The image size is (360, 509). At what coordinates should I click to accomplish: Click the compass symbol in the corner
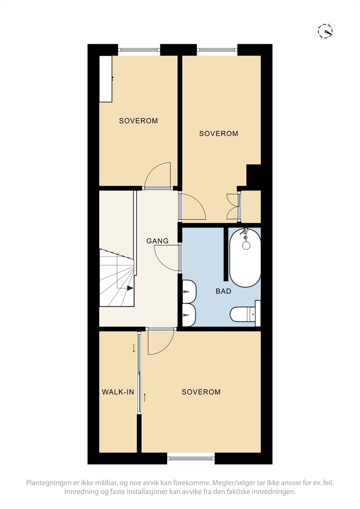[x=325, y=32]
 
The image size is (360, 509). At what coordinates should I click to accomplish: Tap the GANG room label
[x=157, y=241]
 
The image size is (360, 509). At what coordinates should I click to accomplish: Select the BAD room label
[x=223, y=291]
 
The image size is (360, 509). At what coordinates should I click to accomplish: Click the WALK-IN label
[x=118, y=392]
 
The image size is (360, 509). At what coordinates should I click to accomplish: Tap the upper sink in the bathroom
[x=189, y=291]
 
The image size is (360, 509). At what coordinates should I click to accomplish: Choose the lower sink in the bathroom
[x=189, y=315]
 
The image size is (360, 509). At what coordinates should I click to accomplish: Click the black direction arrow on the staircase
[x=130, y=288]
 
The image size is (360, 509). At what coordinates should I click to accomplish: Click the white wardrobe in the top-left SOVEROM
[x=106, y=79]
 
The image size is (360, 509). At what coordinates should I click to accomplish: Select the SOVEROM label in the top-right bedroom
[x=219, y=133]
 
